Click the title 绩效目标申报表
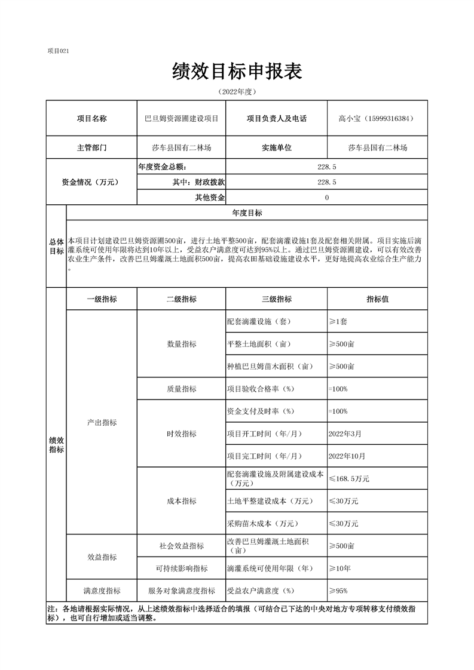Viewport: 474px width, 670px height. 237,72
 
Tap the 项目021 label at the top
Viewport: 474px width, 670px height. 59,51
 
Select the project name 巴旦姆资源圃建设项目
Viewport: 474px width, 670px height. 182,119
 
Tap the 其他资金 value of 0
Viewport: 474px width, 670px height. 327,198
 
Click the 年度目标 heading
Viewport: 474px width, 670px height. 247,213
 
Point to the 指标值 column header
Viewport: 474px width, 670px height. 377,299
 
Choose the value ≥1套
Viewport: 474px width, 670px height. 338,321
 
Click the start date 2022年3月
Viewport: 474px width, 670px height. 345,434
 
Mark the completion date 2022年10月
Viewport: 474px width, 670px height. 347,456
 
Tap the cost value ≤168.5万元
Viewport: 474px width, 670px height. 349,478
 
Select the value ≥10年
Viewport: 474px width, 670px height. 340,568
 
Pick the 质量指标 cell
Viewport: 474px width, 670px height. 182,389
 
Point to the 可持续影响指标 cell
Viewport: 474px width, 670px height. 182,568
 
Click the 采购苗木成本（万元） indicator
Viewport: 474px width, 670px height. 262,523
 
